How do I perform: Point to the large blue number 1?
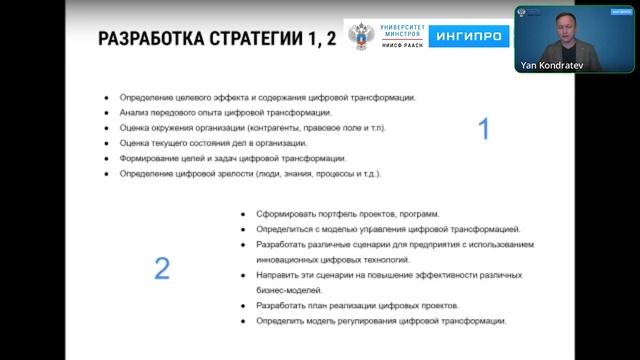tap(484, 129)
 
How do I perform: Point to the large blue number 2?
tap(161, 267)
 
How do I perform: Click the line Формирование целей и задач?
tap(232, 158)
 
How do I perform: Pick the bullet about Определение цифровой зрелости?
tap(250, 174)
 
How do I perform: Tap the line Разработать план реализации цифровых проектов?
tap(357, 304)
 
